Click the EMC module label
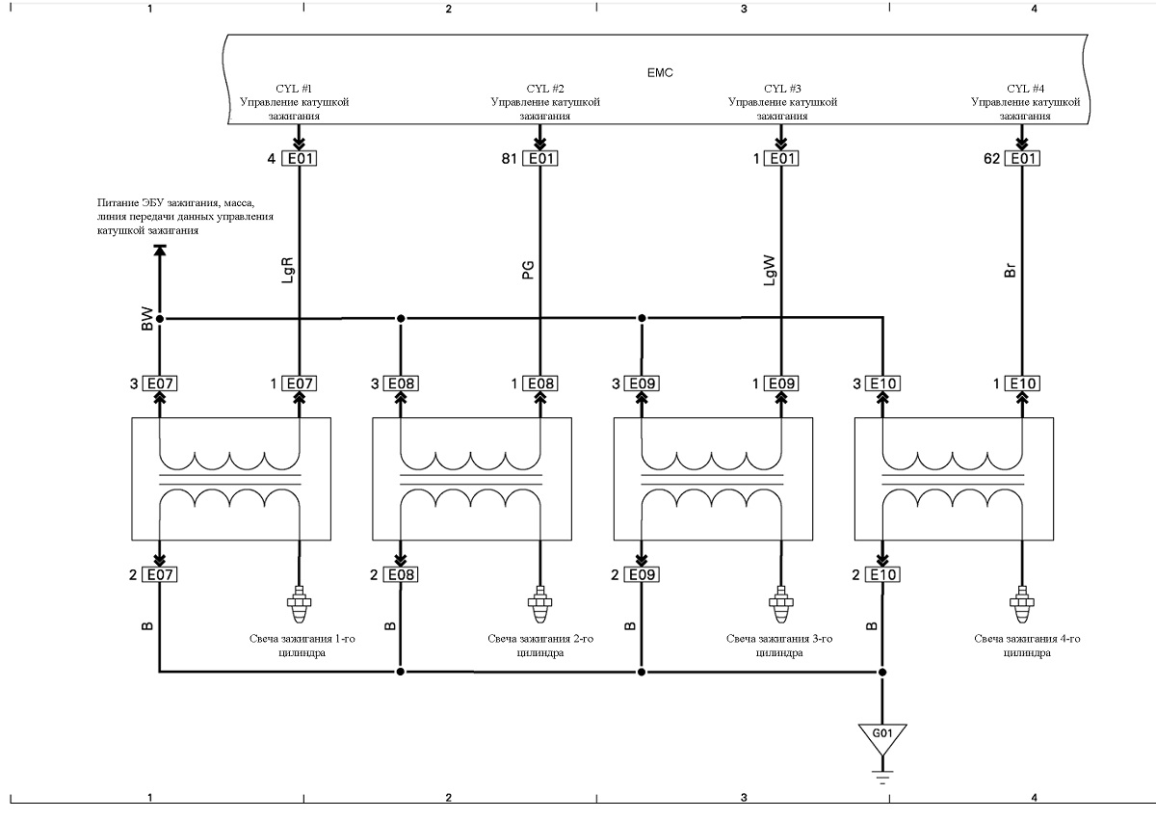pos(660,73)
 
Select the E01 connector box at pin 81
pos(540,158)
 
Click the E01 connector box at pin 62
pos(1022,158)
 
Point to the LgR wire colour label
pos(287,270)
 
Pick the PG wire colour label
pos(528,271)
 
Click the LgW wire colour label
pos(769,271)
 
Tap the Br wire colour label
pos(1010,271)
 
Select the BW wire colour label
pos(147,319)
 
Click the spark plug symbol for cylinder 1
pos(299,605)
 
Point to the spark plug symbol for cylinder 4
pos(1022,605)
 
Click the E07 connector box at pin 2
pos(160,574)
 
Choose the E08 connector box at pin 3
pos(401,384)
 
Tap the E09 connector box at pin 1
pos(781,384)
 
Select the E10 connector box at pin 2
pos(883,574)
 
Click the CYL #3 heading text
pos(782,89)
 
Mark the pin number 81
pos(510,158)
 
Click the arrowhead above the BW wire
pos(160,251)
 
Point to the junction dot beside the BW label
pos(160,319)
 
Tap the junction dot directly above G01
pos(882,672)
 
